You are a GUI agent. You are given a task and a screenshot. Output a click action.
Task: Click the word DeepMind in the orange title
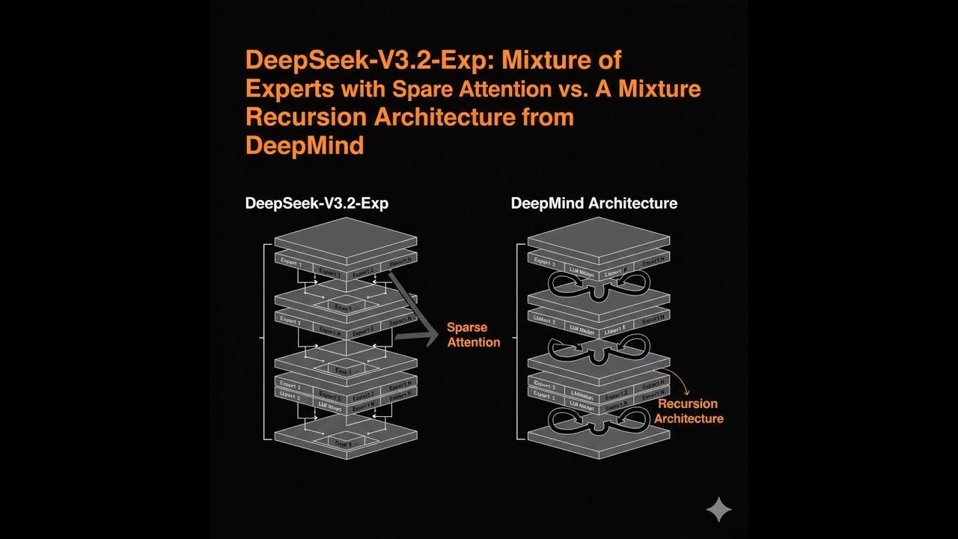305,145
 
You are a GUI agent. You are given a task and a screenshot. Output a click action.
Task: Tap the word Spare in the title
420,89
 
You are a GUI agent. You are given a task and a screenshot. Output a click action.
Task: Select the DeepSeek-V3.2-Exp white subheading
317,203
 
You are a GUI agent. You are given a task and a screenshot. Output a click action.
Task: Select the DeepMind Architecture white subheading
594,203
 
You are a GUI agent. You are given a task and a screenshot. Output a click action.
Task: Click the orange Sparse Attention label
473,335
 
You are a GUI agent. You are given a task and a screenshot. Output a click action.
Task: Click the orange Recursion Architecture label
688,411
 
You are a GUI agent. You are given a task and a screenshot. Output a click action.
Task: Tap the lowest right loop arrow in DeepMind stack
633,419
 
